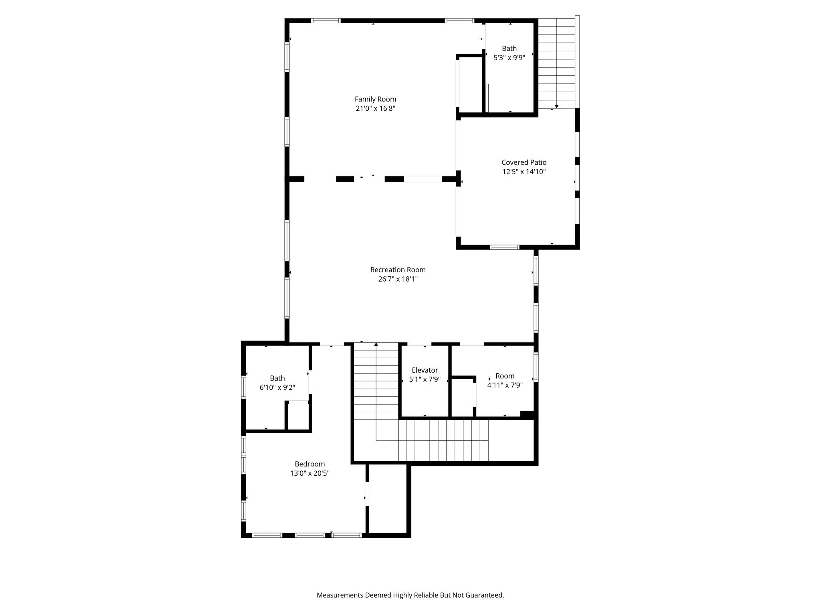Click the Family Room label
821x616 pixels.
pos(375,99)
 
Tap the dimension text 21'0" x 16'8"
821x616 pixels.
pos(375,108)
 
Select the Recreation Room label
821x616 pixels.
pos(398,270)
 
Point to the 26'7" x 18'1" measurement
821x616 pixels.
pos(398,279)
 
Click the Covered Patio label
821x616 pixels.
pos(524,162)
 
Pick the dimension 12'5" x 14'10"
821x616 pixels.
pos(524,172)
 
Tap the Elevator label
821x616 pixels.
pos(425,370)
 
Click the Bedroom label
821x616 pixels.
pos(310,464)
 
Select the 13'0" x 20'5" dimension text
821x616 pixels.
pos(310,473)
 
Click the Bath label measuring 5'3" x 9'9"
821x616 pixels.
pos(509,49)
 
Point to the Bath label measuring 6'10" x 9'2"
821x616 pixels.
pos(277,378)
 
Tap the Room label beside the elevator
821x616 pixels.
pos(505,376)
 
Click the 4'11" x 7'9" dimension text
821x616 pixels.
pos(505,385)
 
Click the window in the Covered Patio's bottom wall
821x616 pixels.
pos(505,247)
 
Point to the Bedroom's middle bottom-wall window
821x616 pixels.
pos(309,535)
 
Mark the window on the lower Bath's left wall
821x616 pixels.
pos(243,387)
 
